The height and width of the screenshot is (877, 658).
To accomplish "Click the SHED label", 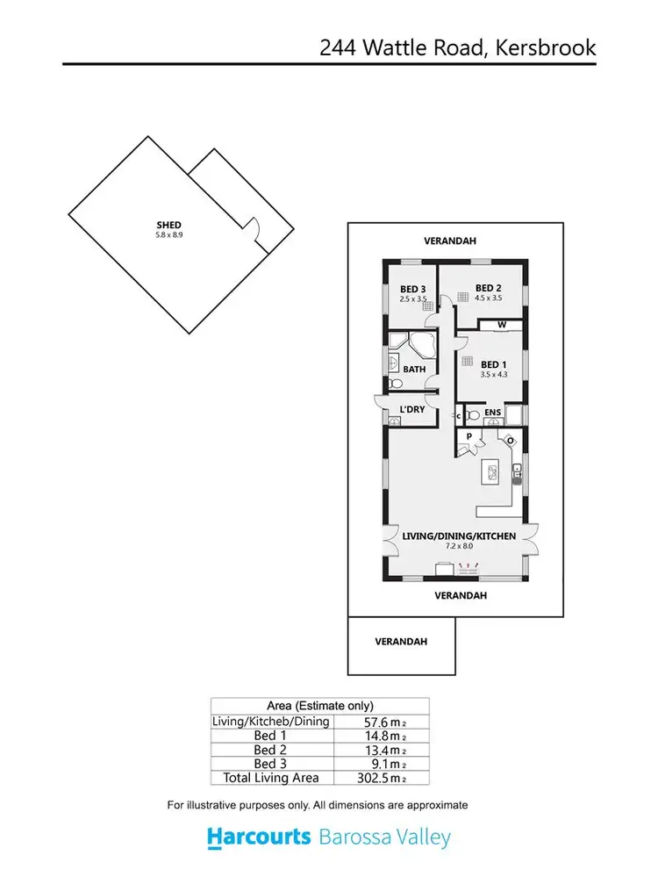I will pyautogui.click(x=168, y=226).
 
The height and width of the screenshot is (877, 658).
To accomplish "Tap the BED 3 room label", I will pyautogui.click(x=413, y=290).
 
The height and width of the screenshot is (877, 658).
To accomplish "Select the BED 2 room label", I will pyautogui.click(x=489, y=288).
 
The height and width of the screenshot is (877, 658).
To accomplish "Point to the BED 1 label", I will pyautogui.click(x=493, y=364).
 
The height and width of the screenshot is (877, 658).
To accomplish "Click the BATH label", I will pyautogui.click(x=415, y=370).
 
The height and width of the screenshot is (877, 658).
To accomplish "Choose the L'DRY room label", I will pyautogui.click(x=411, y=409).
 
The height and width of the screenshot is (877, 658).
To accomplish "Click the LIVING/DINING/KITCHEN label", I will pyautogui.click(x=459, y=536).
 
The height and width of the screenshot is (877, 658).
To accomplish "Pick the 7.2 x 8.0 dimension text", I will pyautogui.click(x=459, y=546).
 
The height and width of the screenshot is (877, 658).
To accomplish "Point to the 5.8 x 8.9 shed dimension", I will pyautogui.click(x=168, y=235).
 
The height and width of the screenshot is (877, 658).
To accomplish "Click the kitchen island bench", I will pyautogui.click(x=489, y=472).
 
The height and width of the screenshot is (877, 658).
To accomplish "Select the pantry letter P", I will pyautogui.click(x=469, y=436).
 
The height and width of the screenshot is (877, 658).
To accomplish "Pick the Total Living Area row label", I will pyautogui.click(x=270, y=778).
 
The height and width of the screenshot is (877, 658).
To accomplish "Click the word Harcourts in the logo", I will pyautogui.click(x=259, y=837).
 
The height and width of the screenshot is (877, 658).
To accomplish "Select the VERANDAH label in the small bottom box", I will pyautogui.click(x=401, y=642).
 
